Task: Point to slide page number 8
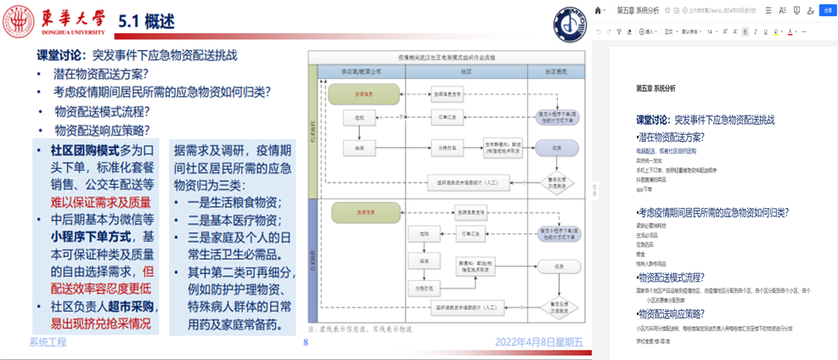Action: coord(305,343)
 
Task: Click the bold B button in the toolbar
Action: coord(745,31)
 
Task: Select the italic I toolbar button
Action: coord(756,31)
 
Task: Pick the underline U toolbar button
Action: coord(768,31)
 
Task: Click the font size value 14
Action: coord(711,31)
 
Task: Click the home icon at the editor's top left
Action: coord(599,10)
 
